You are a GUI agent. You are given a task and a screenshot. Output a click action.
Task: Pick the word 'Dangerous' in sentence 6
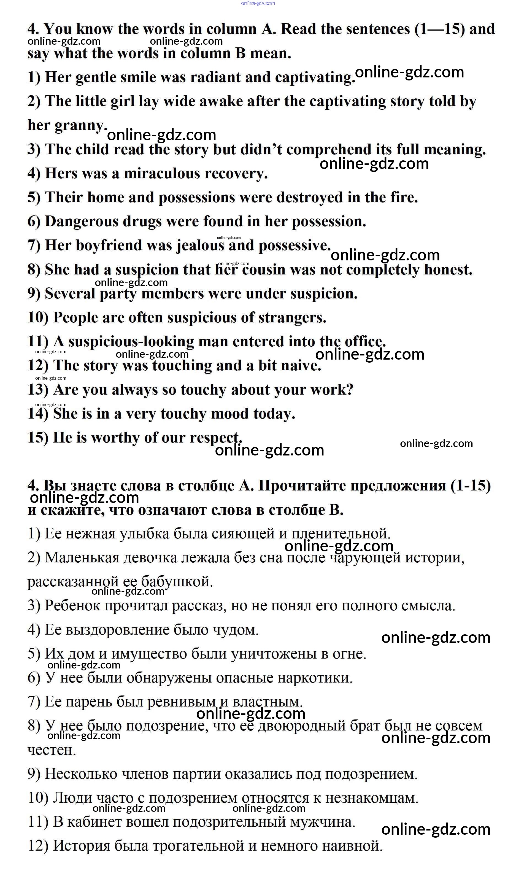pyautogui.click(x=82, y=222)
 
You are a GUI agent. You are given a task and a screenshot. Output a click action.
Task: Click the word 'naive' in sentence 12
pyautogui.click(x=302, y=366)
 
